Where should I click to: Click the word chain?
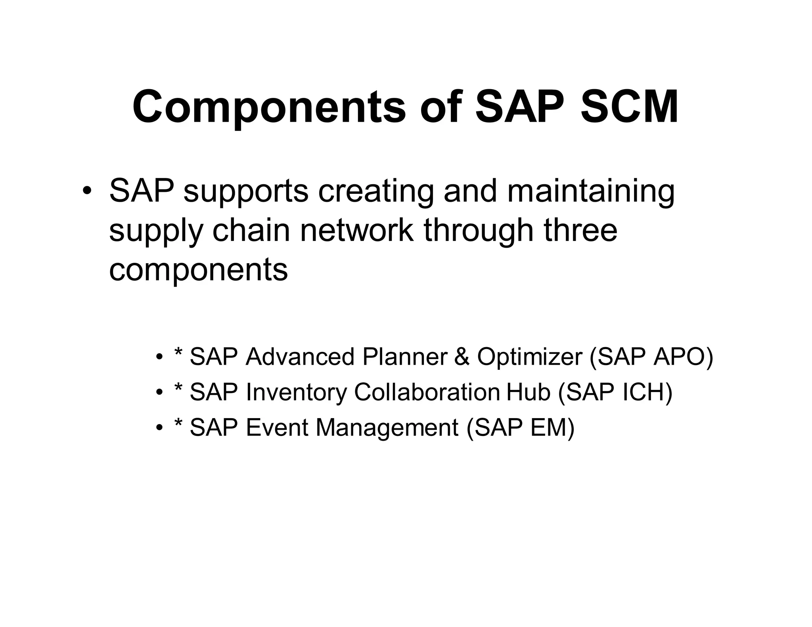coord(251,231)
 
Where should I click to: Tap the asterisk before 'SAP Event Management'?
coord(178,424)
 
